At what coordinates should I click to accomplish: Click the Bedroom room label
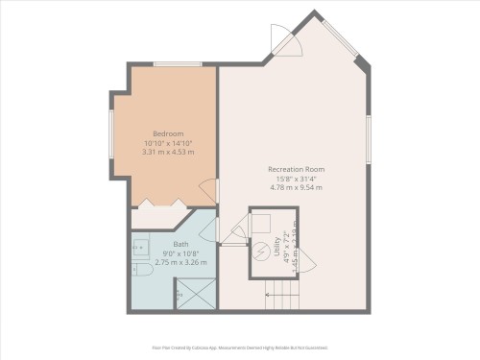[x=168, y=133]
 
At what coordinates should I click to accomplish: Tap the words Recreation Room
[x=295, y=169]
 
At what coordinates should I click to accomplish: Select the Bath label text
[x=180, y=244]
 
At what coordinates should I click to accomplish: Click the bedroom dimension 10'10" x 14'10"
[x=168, y=143]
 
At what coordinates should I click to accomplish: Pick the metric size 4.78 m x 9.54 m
[x=295, y=187]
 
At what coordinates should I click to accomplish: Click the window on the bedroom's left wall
[x=112, y=133]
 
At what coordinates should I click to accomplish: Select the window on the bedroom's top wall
[x=177, y=64]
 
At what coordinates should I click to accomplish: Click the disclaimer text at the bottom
[x=240, y=348]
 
